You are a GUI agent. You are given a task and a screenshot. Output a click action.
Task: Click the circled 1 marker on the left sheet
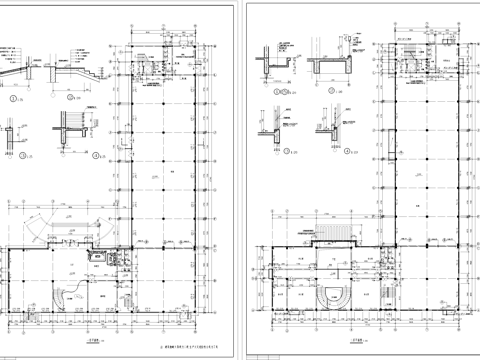point(13,98)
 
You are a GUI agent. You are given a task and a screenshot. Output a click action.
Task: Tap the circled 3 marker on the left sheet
point(13,155)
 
